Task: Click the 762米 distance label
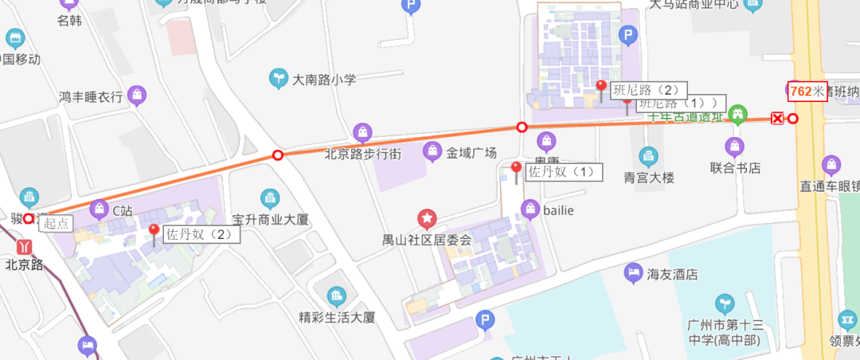tap(807, 92)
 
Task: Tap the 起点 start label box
tap(57, 224)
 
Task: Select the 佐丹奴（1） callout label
tap(562, 171)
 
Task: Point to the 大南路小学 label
tap(323, 80)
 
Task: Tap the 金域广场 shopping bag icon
tap(432, 151)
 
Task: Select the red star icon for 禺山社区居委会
tap(428, 217)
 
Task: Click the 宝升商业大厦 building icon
tap(269, 198)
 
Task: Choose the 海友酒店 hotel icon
tap(633, 273)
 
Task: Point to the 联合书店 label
tap(735, 168)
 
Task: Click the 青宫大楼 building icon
tap(649, 155)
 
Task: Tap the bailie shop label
tap(558, 210)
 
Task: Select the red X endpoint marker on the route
tap(777, 119)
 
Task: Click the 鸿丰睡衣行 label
tap(91, 97)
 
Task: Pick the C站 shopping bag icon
tap(100, 210)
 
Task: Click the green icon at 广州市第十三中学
tap(725, 303)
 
